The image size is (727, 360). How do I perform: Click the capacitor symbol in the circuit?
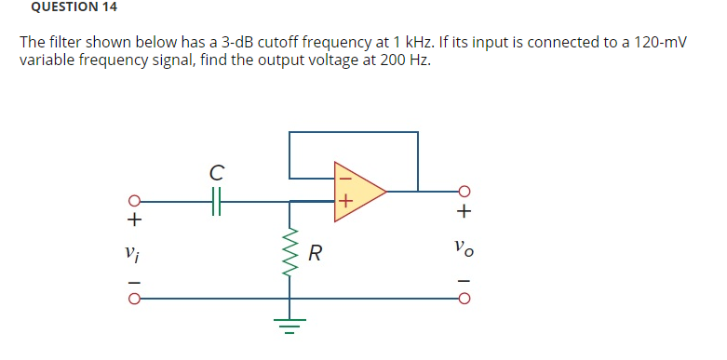click(216, 200)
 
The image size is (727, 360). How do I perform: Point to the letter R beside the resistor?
click(316, 253)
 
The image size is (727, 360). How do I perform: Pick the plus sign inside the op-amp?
click(343, 200)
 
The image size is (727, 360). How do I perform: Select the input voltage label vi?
click(133, 251)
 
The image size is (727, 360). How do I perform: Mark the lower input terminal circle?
click(134, 300)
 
